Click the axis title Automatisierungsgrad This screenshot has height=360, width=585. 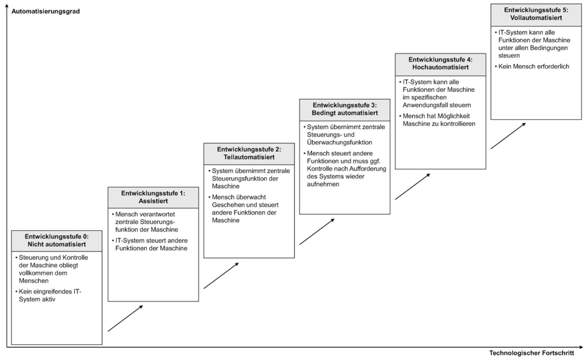(x=46, y=11)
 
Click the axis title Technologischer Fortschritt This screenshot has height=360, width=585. (x=531, y=353)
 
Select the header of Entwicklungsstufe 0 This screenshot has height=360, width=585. (x=57, y=241)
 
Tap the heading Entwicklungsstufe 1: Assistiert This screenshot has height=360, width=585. (x=153, y=197)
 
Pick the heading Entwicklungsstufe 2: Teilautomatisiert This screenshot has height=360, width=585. (x=249, y=153)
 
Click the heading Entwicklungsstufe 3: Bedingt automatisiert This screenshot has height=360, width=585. (x=345, y=109)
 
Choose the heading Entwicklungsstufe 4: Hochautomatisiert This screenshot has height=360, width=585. (x=441, y=63)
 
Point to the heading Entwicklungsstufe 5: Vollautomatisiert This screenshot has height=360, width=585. (x=536, y=14)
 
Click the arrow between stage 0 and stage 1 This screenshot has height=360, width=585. (x=125, y=318)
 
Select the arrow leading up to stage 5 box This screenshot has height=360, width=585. (x=508, y=136)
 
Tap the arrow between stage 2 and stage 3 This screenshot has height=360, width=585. (x=317, y=231)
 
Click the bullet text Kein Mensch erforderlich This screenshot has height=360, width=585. (x=534, y=66)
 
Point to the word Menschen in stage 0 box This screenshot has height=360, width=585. (x=33, y=281)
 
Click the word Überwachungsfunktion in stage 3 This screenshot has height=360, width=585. (x=340, y=143)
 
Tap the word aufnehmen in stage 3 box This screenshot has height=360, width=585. (x=323, y=184)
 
